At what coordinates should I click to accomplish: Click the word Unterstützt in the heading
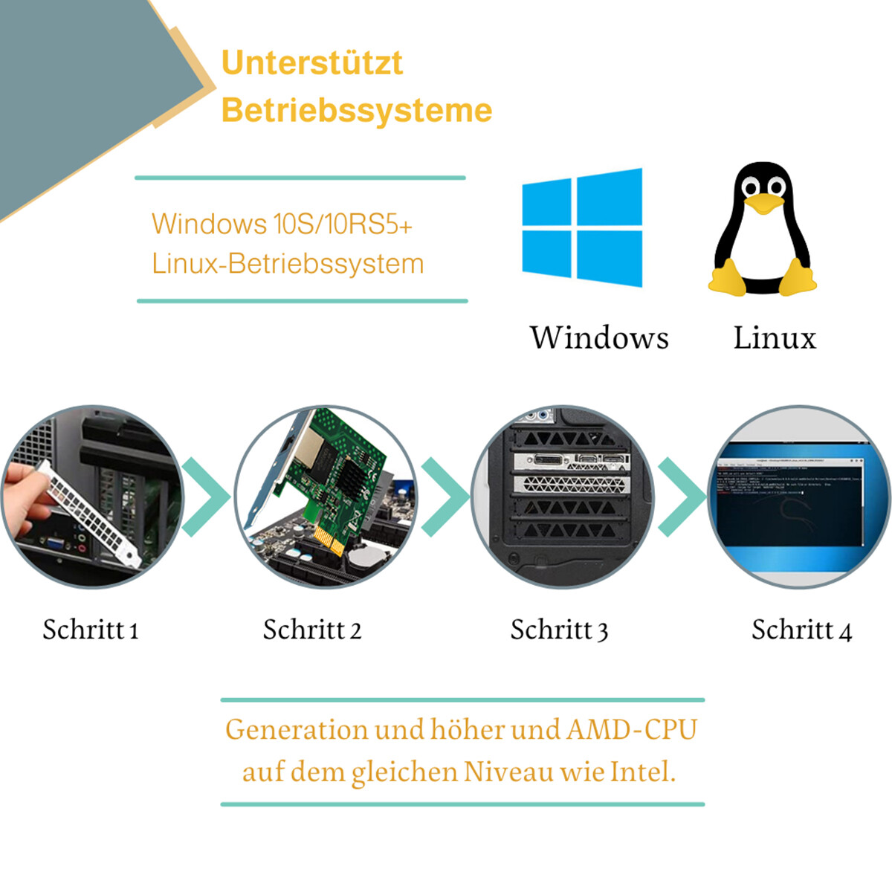tap(312, 62)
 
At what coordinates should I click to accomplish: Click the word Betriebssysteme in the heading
tap(357, 110)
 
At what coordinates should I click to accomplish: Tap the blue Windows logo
tap(582, 227)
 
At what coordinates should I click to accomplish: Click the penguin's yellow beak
tap(763, 204)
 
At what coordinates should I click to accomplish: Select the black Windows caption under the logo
tap(599, 337)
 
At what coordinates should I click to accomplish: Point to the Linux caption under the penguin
tap(775, 337)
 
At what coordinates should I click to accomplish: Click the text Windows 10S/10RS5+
tap(282, 224)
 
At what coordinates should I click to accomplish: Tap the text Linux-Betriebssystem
tap(288, 264)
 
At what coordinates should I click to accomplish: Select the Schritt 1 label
tap(91, 630)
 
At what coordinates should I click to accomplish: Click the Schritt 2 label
tap(312, 630)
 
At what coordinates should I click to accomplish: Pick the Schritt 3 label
tap(559, 630)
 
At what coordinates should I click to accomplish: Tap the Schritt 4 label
tap(802, 630)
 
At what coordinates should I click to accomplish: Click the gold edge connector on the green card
tap(329, 540)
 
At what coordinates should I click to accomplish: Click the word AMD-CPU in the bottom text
tap(631, 730)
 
